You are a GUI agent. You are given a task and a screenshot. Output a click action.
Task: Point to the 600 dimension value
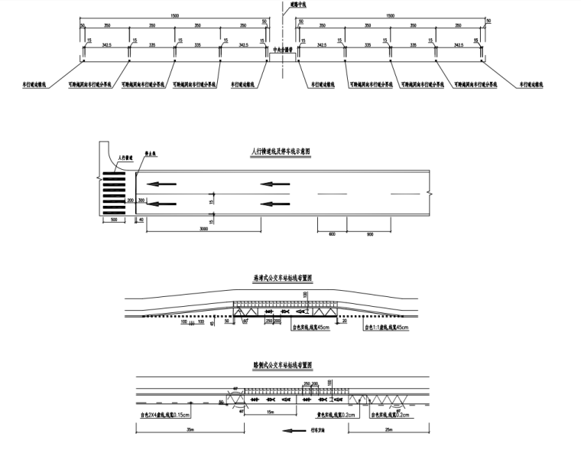point(332,234)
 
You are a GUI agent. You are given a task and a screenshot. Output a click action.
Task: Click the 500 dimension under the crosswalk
point(113,220)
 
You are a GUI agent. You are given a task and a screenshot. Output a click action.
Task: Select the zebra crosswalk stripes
point(114,192)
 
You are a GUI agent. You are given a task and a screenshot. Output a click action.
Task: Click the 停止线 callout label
point(151,153)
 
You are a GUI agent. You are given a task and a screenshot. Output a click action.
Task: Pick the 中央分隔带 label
point(283,52)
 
